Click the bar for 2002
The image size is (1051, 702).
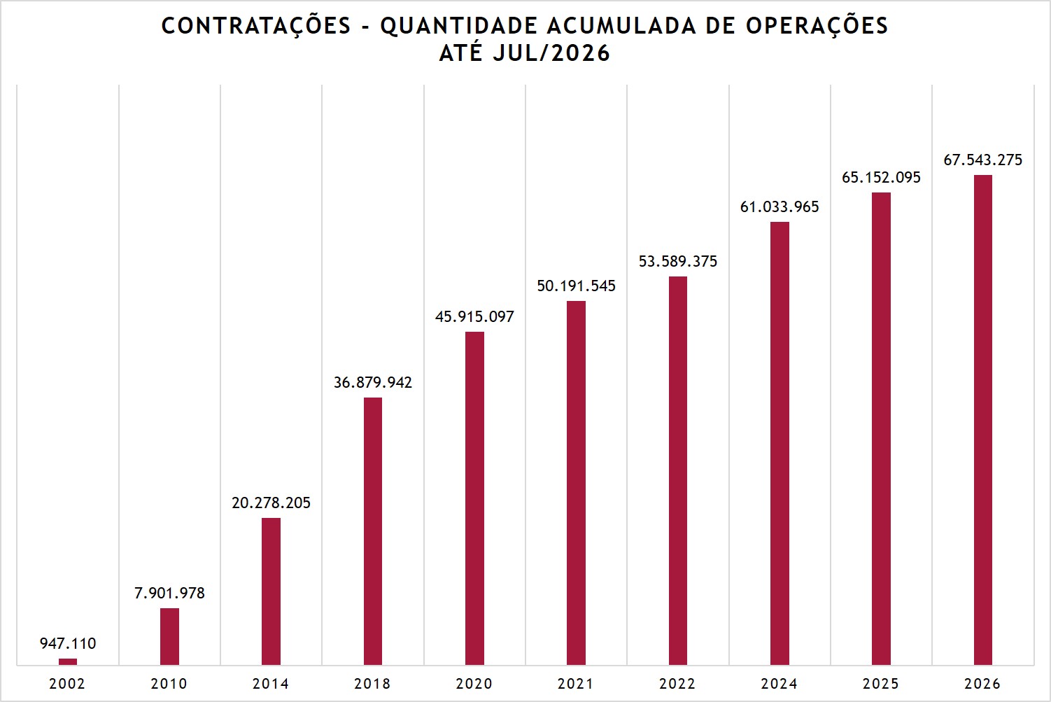click(x=68, y=661)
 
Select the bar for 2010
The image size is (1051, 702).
click(x=169, y=637)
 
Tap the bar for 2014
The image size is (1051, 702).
click(x=271, y=591)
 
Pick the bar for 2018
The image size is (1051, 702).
click(x=373, y=531)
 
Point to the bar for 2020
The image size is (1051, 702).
click(x=475, y=498)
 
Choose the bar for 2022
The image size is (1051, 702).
click(x=678, y=470)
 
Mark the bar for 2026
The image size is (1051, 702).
click(x=983, y=420)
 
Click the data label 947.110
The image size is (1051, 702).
click(x=68, y=643)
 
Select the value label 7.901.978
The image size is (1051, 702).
click(x=169, y=593)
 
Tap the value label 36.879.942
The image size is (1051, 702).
click(x=373, y=382)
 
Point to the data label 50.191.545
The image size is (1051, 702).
click(x=576, y=286)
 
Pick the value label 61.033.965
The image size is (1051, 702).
click(x=780, y=207)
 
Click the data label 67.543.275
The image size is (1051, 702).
click(x=983, y=160)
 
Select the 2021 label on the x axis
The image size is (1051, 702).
click(x=576, y=684)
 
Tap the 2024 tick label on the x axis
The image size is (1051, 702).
click(x=780, y=684)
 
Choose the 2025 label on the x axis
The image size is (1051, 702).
click(x=881, y=684)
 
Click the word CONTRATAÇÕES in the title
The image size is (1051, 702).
click(x=256, y=27)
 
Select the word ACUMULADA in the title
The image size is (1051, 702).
click(x=621, y=26)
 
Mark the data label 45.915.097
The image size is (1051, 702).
click(x=475, y=317)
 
